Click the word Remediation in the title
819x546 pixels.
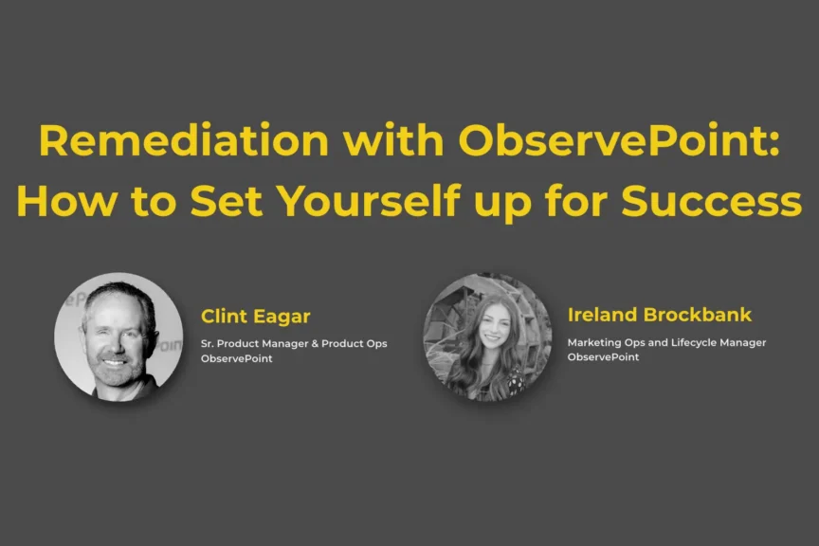pyautogui.click(x=184, y=139)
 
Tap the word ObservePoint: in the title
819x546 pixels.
pyautogui.click(x=619, y=139)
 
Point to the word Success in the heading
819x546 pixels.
pyautogui.click(x=711, y=201)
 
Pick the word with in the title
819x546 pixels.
pyautogui.click(x=393, y=139)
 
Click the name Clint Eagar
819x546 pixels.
pyautogui.click(x=255, y=316)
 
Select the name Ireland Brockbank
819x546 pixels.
pyautogui.click(x=659, y=315)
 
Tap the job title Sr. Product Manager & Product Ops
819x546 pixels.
pyautogui.click(x=294, y=343)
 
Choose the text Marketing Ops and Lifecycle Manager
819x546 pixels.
pyautogui.click(x=666, y=342)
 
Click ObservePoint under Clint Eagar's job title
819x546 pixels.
pyautogui.click(x=237, y=358)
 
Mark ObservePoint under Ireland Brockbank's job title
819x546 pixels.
pyautogui.click(x=603, y=356)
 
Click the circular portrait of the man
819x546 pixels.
pyautogui.click(x=118, y=337)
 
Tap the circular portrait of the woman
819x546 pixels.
pyautogui.click(x=487, y=337)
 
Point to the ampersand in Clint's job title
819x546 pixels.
pyautogui.click(x=315, y=343)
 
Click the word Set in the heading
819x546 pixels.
pyautogui.click(x=226, y=201)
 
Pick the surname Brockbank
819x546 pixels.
pyautogui.click(x=698, y=315)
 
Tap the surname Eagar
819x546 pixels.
pyautogui.click(x=282, y=316)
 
